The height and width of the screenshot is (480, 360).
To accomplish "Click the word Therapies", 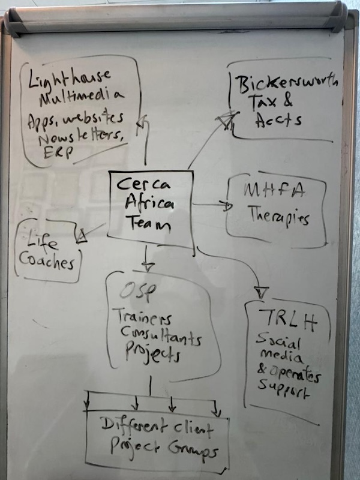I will point(278,217).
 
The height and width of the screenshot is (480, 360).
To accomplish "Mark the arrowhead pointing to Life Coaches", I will point(80,237).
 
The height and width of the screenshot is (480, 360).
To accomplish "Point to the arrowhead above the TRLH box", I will point(260,292).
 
